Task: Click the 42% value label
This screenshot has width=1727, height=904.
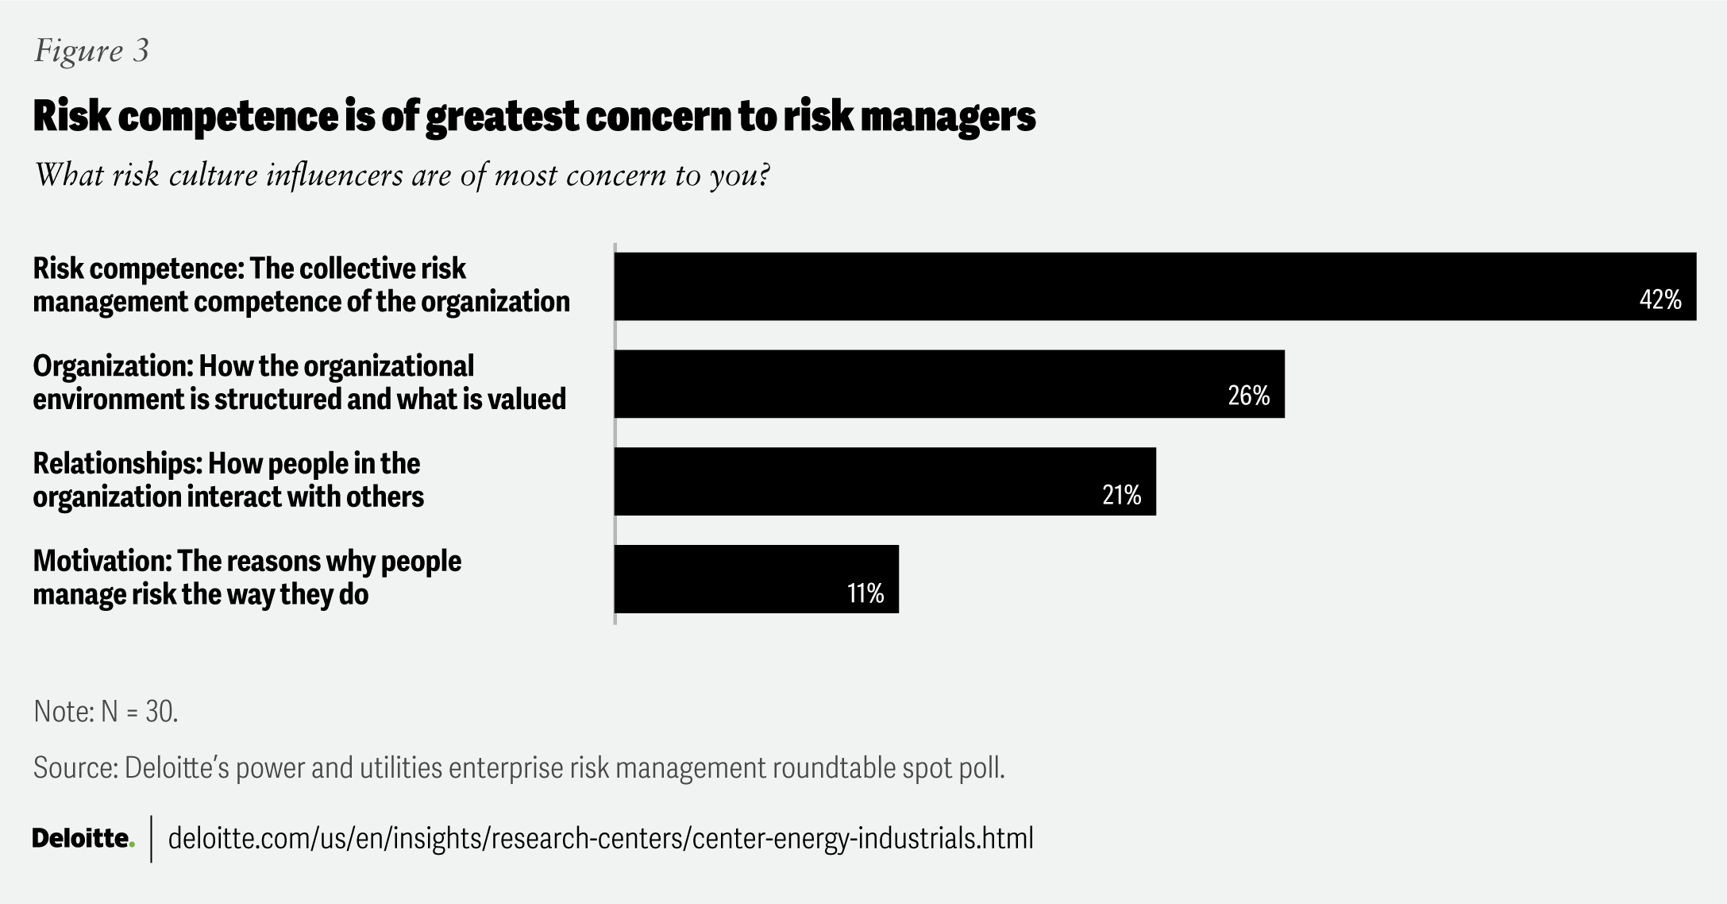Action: point(1660,300)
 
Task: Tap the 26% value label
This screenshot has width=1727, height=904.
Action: point(1249,396)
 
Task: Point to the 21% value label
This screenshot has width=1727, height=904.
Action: point(1121,496)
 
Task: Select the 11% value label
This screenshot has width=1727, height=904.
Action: point(865,593)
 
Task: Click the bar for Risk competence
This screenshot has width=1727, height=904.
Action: point(1112,286)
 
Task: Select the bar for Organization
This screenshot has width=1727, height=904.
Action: point(913,384)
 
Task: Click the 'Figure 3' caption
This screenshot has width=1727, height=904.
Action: point(91,51)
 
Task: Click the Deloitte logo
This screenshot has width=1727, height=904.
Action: point(83,839)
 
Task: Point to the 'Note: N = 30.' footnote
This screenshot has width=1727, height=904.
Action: point(106,712)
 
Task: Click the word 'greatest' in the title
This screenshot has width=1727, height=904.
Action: point(502,117)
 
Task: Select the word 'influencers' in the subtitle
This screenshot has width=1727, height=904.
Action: point(334,175)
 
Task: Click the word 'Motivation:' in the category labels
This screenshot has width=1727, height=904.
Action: point(102,561)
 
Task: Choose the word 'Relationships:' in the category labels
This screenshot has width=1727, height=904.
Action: point(117,463)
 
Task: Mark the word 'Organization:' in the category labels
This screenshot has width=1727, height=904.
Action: point(112,366)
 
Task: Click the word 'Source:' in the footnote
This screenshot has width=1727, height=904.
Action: point(75,768)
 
